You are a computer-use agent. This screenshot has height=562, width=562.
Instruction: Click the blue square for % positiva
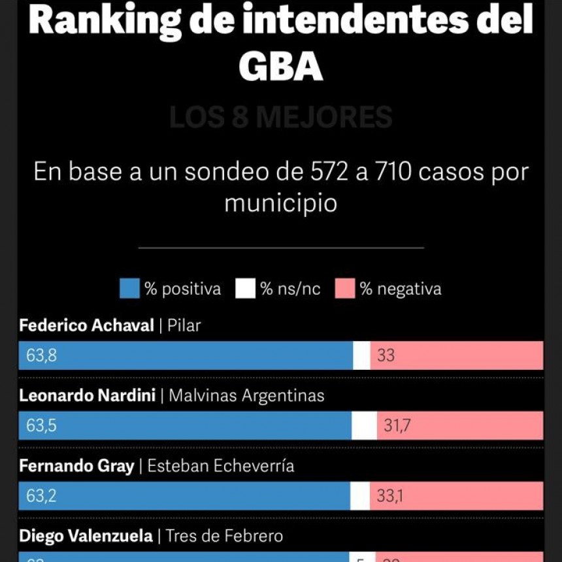129,288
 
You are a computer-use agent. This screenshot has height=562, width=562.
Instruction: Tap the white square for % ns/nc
245,288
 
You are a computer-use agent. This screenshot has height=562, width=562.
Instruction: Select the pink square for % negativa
344,288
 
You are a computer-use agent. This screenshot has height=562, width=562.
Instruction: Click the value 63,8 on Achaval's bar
41,355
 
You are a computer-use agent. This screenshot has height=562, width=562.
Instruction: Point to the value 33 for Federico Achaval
386,355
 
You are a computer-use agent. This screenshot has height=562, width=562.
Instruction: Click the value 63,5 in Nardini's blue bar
41,425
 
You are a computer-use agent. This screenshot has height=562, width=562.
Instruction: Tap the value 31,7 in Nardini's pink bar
397,425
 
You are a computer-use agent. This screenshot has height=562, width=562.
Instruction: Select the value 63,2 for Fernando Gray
41,495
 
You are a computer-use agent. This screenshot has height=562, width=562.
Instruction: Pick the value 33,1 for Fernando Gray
389,495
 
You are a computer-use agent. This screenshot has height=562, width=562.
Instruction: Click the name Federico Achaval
86,325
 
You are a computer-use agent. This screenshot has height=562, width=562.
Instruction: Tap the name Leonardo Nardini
87,395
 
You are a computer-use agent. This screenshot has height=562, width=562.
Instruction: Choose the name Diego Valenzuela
86,536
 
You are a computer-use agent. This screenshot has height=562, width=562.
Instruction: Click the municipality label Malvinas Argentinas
246,395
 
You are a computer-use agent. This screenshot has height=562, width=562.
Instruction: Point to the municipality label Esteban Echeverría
221,465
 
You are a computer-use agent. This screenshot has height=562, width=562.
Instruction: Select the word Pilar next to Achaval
184,325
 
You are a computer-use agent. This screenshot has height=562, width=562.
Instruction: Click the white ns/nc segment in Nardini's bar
364,425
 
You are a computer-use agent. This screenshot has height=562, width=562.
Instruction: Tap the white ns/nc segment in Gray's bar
359,495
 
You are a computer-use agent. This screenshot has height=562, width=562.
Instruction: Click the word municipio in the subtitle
280,203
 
